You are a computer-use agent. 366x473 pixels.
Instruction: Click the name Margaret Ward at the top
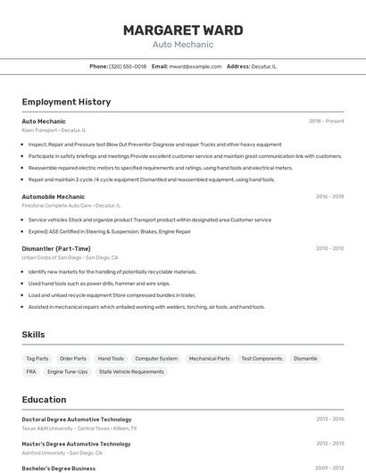point(182,30)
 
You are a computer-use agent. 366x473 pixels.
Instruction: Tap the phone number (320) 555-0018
point(128,66)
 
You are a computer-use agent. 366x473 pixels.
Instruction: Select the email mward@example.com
point(195,66)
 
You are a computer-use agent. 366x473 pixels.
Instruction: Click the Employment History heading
point(66,102)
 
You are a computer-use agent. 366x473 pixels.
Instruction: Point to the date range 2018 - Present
point(326,120)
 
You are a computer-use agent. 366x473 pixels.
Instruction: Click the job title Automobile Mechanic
point(53,196)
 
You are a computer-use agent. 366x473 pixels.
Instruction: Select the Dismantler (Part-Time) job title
point(56,248)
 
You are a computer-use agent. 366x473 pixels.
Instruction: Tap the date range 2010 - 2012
point(329,248)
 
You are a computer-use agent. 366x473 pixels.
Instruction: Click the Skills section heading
point(33,335)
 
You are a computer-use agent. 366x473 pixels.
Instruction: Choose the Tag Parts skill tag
point(37,358)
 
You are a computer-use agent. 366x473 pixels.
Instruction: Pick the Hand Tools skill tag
point(111,358)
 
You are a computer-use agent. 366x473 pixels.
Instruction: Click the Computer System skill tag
point(156,358)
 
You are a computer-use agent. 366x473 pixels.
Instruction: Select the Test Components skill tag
point(262,358)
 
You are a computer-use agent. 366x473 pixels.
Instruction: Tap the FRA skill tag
point(31,371)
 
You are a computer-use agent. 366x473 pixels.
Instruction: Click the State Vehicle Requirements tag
point(131,371)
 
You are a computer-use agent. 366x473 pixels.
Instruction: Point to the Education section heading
point(44,400)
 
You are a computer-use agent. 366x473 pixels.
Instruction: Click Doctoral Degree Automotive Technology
point(76,419)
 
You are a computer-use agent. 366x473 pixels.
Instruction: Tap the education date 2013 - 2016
point(329,419)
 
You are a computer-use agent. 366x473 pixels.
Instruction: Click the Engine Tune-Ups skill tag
point(68,371)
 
